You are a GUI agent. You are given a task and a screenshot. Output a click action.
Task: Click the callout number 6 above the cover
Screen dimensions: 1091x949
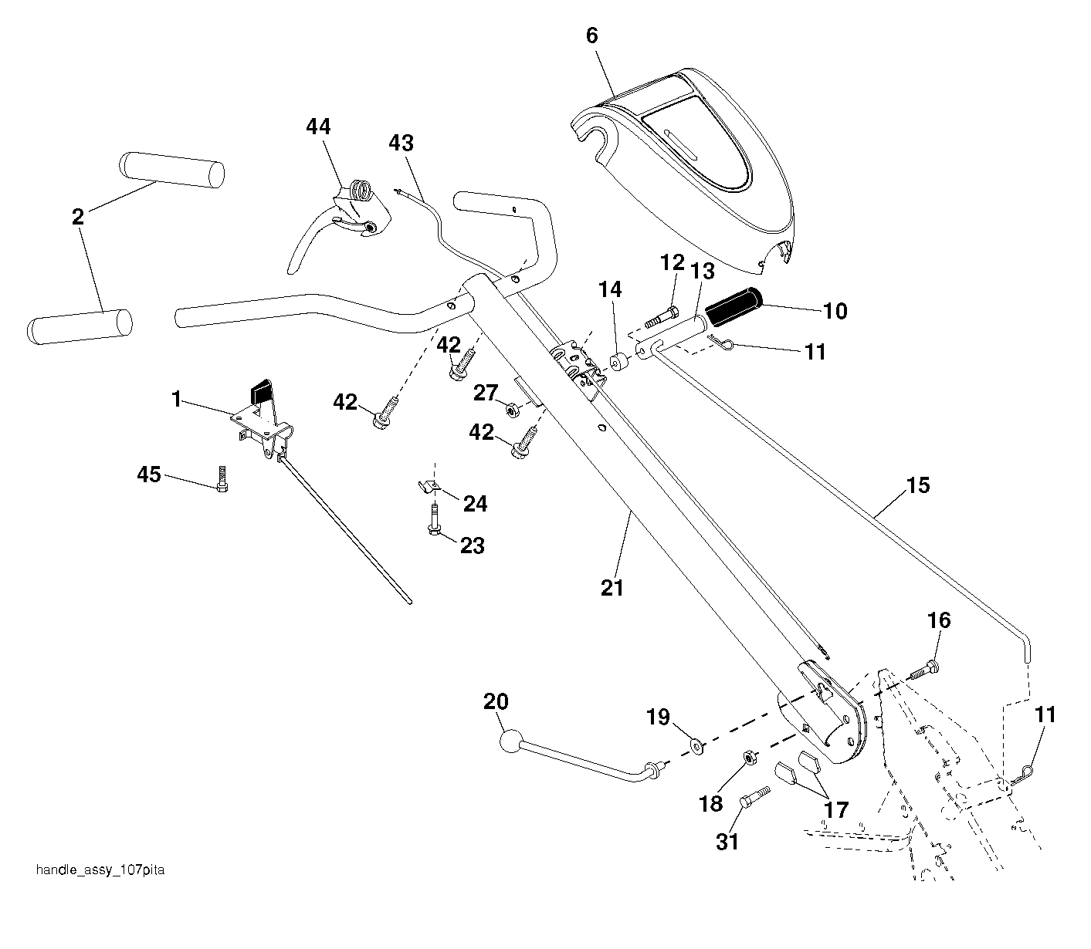pyautogui.click(x=592, y=35)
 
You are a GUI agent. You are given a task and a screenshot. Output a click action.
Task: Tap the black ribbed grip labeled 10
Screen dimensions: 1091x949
pyautogui.click(x=734, y=306)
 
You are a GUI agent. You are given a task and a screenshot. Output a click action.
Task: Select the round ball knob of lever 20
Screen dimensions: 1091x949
pyautogui.click(x=511, y=741)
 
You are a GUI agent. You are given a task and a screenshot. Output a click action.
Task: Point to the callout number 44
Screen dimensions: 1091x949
pyautogui.click(x=318, y=127)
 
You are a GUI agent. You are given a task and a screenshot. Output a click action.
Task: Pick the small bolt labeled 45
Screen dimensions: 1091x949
pyautogui.click(x=222, y=478)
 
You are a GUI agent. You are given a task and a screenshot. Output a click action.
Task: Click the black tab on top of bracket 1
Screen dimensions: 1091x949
pyautogui.click(x=261, y=392)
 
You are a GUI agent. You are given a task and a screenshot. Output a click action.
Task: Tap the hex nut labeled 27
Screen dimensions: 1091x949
pyautogui.click(x=513, y=410)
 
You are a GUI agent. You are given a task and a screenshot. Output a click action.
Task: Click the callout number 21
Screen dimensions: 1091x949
pyautogui.click(x=612, y=588)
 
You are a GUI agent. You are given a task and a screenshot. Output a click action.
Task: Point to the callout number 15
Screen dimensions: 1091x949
pyautogui.click(x=918, y=485)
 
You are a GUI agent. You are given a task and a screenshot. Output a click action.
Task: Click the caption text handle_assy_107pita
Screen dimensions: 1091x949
pyautogui.click(x=100, y=870)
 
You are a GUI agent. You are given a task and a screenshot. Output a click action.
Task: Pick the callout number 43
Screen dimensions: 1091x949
pyautogui.click(x=401, y=144)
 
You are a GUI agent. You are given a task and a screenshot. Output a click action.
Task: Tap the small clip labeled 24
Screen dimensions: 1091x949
pyautogui.click(x=429, y=486)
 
